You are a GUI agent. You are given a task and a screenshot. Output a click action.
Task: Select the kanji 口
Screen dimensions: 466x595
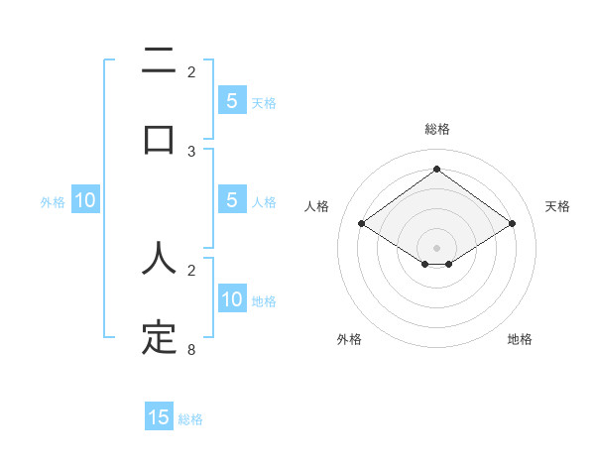point(159,139)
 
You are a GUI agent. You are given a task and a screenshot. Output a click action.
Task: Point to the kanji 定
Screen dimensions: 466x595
point(159,338)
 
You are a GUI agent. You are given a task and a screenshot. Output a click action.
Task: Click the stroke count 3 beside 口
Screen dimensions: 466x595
point(191,151)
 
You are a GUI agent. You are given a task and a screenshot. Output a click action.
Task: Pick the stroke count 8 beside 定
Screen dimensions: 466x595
point(191,350)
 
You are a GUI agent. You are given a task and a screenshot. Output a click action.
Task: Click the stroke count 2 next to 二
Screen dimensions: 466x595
point(191,71)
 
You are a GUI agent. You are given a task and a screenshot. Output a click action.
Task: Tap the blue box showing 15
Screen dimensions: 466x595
point(159,417)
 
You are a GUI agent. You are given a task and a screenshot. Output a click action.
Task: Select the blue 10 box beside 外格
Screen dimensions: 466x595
point(85,200)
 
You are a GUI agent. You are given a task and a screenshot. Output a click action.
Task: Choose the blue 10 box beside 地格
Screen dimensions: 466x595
point(231,299)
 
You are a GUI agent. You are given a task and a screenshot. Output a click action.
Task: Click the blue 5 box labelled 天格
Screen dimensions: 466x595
point(231,101)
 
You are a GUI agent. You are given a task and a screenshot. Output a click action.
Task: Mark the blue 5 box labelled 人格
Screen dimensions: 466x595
point(231,200)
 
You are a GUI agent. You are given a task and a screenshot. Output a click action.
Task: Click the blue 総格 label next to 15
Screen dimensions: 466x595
point(190,419)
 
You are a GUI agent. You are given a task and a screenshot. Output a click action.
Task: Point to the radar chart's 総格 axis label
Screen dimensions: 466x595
point(437,129)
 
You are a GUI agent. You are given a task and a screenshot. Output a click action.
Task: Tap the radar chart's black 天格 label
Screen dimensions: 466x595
point(557,206)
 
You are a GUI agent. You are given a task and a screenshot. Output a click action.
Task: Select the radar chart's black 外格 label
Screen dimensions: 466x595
point(349,339)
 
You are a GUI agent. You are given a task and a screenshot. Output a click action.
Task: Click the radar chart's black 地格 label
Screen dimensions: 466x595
point(520,339)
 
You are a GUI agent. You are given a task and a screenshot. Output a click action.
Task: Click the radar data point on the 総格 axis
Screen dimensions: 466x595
point(436,170)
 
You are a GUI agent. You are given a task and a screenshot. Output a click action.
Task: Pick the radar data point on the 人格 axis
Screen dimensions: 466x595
point(362,224)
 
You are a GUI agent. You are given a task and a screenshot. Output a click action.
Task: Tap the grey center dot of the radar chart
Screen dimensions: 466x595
point(436,246)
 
